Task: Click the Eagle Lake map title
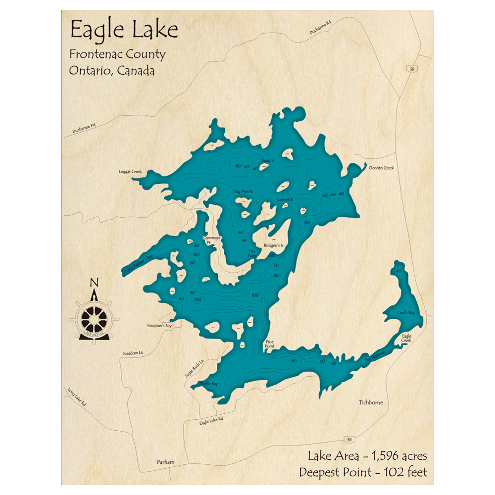(124, 30)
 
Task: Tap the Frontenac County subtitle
(118, 54)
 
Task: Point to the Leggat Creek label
(130, 172)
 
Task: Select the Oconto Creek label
(381, 168)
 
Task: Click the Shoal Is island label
(267, 161)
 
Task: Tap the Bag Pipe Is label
(244, 191)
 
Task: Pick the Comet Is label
(285, 199)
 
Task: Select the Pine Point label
(270, 344)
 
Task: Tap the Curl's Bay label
(405, 313)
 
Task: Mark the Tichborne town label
(371, 402)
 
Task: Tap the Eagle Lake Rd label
(211, 420)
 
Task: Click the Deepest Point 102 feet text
(363, 472)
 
